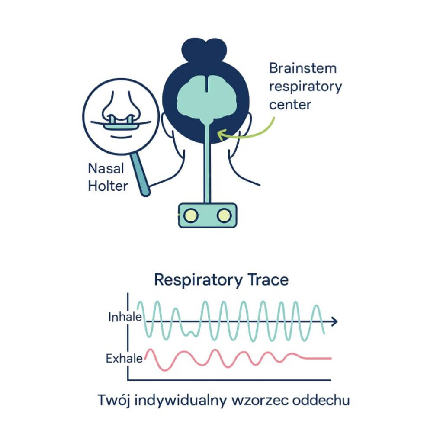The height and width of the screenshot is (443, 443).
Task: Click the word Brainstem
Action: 303,68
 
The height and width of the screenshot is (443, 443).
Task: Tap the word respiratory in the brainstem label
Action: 305,87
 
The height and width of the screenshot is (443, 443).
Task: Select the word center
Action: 290,105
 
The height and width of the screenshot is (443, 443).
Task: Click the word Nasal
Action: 106,168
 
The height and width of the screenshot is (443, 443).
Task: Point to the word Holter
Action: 108,186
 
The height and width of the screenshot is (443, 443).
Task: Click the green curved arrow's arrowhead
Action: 222,135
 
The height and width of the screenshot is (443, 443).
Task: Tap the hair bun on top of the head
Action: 204,50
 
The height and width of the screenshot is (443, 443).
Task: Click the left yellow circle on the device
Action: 191,215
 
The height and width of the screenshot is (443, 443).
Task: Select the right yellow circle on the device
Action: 224,215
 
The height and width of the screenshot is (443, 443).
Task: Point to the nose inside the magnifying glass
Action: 121,107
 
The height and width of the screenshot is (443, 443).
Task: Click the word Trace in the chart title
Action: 268,280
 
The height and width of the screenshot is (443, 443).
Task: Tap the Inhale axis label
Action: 125,317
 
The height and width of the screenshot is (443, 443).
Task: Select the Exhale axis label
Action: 124,359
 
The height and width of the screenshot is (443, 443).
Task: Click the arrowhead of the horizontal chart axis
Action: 334,321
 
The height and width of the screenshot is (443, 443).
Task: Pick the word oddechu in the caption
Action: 321,400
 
